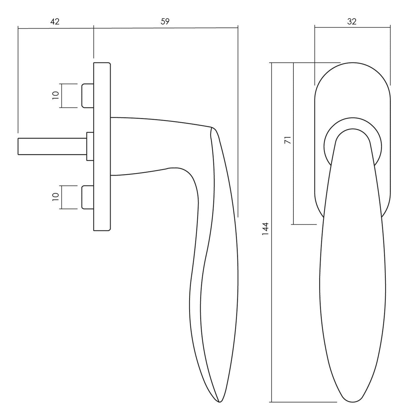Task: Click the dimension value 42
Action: pyautogui.click(x=55, y=22)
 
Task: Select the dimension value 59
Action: pyautogui.click(x=165, y=22)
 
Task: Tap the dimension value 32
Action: pyautogui.click(x=352, y=22)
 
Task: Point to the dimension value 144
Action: pyautogui.click(x=265, y=229)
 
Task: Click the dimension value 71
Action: pyautogui.click(x=288, y=140)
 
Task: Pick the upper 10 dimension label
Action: pyautogui.click(x=56, y=95)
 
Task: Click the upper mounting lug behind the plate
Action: pyautogui.click(x=88, y=95)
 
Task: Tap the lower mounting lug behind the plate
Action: pyautogui.click(x=88, y=197)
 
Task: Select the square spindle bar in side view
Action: pyautogui.click(x=52, y=147)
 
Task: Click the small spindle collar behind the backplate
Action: pyautogui.click(x=90, y=146)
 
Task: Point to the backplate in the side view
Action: pyautogui.click(x=102, y=147)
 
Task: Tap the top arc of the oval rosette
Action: pyautogui.click(x=353, y=63)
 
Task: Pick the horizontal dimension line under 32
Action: pyautogui.click(x=353, y=27)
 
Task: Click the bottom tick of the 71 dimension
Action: pyautogui.click(x=304, y=224)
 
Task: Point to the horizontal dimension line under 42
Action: pyautogui.click(x=56, y=28)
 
